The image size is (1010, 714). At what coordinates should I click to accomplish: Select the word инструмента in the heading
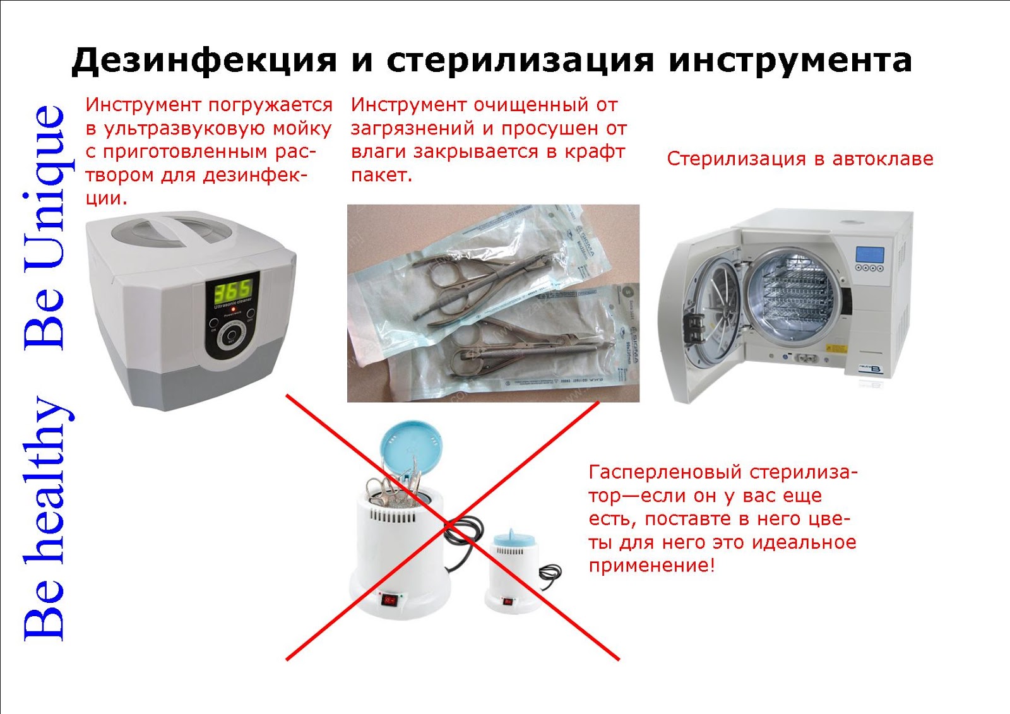pyautogui.click(x=790, y=61)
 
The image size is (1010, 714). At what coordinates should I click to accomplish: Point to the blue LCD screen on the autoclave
pyautogui.click(x=869, y=254)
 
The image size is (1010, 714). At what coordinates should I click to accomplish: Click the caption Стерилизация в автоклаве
pyautogui.click(x=800, y=158)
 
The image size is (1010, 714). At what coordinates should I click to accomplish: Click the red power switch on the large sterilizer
pyautogui.click(x=390, y=599)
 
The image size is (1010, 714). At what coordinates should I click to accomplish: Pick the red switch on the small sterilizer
pyautogui.click(x=507, y=601)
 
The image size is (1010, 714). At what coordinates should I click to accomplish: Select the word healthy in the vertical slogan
pyautogui.click(x=47, y=480)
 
